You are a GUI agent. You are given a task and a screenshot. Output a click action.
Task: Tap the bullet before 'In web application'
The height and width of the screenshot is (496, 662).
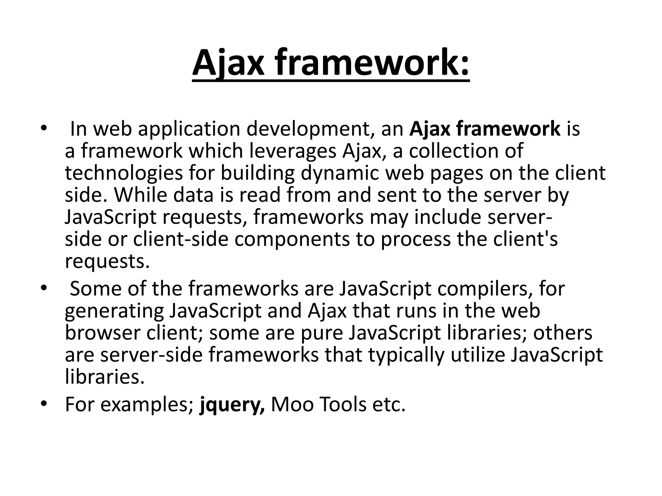[x=44, y=129]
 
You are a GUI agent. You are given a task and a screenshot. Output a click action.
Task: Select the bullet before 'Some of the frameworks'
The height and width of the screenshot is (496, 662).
[x=44, y=288]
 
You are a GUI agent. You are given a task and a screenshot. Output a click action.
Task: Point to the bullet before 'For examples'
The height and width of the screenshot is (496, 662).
[x=44, y=404]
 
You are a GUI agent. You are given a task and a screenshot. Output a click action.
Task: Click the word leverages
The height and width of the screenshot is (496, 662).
[x=293, y=151]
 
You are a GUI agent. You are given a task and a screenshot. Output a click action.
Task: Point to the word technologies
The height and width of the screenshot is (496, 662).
[x=124, y=174]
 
